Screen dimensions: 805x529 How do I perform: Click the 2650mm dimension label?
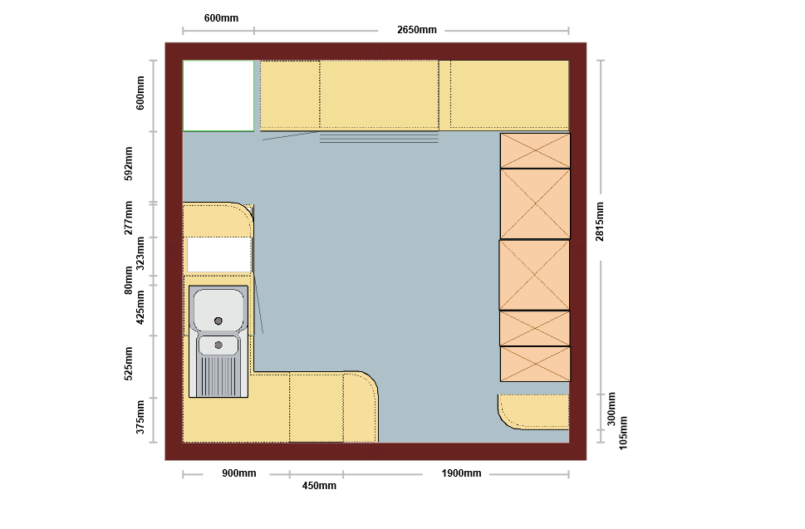pyautogui.click(x=416, y=30)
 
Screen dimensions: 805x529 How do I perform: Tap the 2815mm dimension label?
pyautogui.click(x=600, y=222)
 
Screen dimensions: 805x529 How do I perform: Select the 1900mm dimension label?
pyautogui.click(x=461, y=473)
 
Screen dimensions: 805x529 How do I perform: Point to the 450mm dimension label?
pyautogui.click(x=319, y=485)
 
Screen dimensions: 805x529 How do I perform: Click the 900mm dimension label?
pyautogui.click(x=238, y=473)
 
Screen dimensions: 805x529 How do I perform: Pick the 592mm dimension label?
pyautogui.click(x=128, y=164)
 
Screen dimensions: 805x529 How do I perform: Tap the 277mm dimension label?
pyautogui.click(x=128, y=218)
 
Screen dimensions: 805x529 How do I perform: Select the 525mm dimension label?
pyautogui.click(x=128, y=364)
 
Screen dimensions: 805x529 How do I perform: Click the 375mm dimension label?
pyautogui.click(x=140, y=417)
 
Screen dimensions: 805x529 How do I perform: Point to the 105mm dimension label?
pyautogui.click(x=623, y=433)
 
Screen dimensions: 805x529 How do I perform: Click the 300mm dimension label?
pyautogui.click(x=611, y=409)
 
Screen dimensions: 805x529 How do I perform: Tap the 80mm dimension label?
pyautogui.click(x=128, y=280)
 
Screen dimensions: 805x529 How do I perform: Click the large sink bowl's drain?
pyautogui.click(x=218, y=321)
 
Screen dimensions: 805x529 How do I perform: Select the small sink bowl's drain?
pyautogui.click(x=218, y=345)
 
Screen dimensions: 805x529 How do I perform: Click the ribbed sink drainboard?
pyautogui.click(x=218, y=376)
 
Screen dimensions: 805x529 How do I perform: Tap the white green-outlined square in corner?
pyautogui.click(x=218, y=96)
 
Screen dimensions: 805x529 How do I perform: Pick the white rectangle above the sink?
pyautogui.click(x=219, y=254)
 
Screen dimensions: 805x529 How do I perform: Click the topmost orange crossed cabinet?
pyautogui.click(x=535, y=151)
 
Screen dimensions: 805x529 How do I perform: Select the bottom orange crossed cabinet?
pyautogui.click(x=535, y=365)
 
